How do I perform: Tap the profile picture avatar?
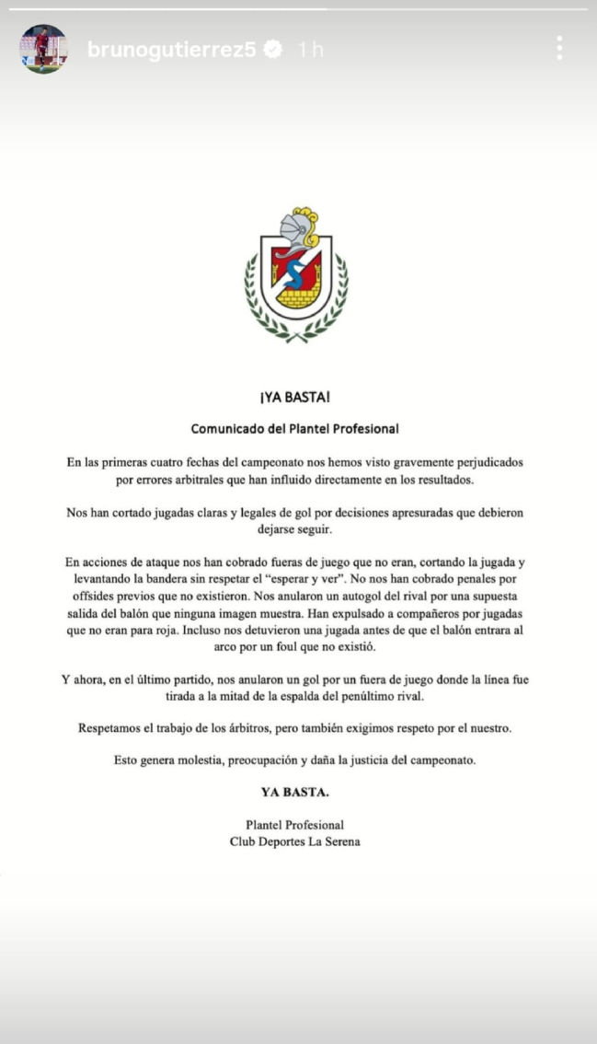(x=43, y=49)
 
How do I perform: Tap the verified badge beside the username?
(x=273, y=50)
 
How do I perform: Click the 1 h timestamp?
(x=310, y=50)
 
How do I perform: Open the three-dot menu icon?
(x=558, y=48)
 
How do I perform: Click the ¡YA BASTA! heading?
(x=294, y=398)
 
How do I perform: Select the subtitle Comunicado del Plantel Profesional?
(x=294, y=428)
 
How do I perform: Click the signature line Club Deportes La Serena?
(x=294, y=841)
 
